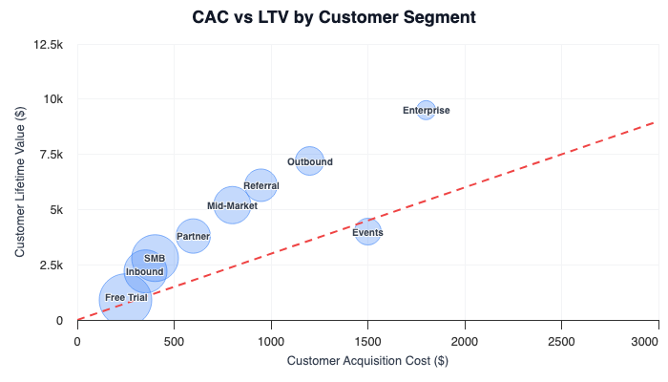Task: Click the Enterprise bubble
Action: tap(426, 110)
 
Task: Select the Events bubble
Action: tap(367, 232)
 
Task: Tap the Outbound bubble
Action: tap(309, 161)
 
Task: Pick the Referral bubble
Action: tap(261, 185)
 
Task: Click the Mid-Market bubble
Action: tap(232, 205)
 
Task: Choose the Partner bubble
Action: tap(193, 236)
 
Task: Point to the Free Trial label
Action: tap(126, 298)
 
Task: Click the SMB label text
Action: tap(155, 258)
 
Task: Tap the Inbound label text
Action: tap(145, 272)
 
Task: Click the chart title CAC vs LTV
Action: tap(334, 17)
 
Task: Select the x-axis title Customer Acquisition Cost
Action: tap(367, 360)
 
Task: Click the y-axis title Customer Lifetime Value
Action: tap(20, 182)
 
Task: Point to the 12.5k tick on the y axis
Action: tap(48, 45)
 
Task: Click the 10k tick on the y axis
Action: tap(52, 99)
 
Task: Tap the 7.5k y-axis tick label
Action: tap(50, 155)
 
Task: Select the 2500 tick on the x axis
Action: tap(561, 339)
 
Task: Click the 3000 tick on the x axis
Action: tap(658, 339)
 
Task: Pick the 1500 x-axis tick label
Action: tap(367, 339)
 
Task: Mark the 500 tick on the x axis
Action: tap(174, 339)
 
